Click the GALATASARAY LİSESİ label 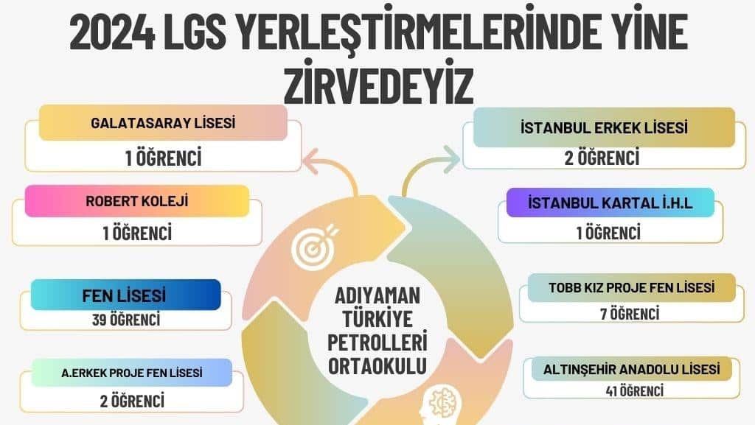coord(163,123)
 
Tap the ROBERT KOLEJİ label coord(136,201)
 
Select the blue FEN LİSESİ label coord(124,295)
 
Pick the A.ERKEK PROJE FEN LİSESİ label coord(131,373)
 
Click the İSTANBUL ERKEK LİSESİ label coord(604,128)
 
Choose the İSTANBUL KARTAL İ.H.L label coord(610,203)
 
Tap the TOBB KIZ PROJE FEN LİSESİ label coord(631,287)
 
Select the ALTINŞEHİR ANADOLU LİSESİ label coord(631,369)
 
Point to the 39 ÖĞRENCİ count coord(126,319)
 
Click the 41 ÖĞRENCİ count coord(635,391)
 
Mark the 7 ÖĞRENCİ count coord(630,314)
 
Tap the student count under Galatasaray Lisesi coord(163,158)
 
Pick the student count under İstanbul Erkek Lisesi coord(602,158)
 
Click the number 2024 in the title coord(112,32)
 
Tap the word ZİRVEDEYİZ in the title coord(378,86)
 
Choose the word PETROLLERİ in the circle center coord(377,343)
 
